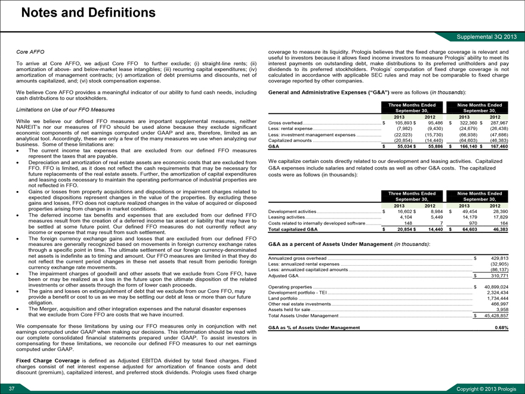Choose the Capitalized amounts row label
(x=297, y=140)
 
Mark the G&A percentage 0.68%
(x=502, y=328)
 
